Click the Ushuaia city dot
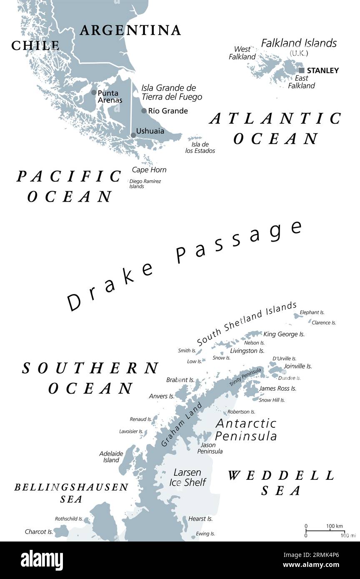[x=133, y=135]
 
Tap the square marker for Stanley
[x=302, y=70]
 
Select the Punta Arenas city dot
[x=94, y=92]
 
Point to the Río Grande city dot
[x=144, y=111]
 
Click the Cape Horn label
[x=149, y=170]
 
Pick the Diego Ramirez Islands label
[x=145, y=184]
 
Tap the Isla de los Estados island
[x=194, y=138]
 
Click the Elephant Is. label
[x=312, y=312]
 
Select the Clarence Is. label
[x=324, y=322]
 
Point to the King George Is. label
[x=284, y=334]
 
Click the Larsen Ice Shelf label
[x=187, y=477]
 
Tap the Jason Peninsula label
[x=210, y=448]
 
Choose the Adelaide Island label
[x=109, y=457]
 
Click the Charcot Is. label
[x=39, y=532]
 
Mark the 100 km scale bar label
[x=334, y=526]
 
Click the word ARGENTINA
[x=130, y=30]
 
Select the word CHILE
[x=35, y=45]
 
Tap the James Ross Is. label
[x=277, y=388]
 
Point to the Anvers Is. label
[x=161, y=396]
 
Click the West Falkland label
[x=242, y=53]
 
